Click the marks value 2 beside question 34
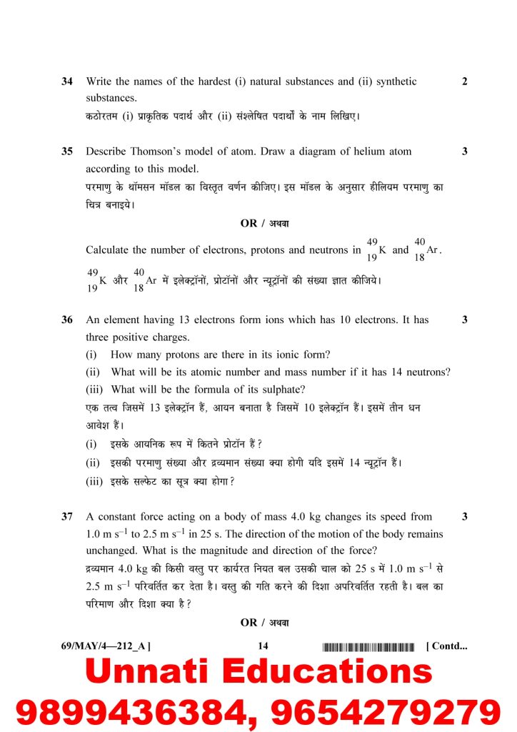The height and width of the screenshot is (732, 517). [x=465, y=82]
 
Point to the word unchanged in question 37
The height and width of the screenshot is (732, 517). [x=111, y=551]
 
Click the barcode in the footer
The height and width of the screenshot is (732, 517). [x=368, y=648]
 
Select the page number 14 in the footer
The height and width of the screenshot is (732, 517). [x=263, y=647]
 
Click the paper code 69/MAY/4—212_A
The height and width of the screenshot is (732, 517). [x=105, y=647]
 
